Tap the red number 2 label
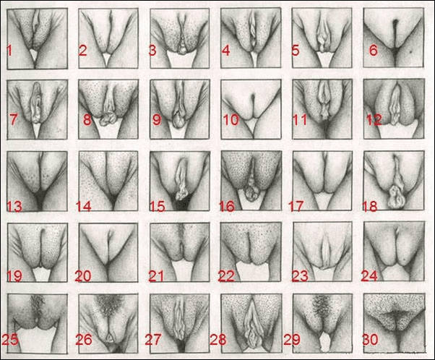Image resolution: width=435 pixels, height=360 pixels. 82,50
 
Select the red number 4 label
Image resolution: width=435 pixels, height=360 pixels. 225,50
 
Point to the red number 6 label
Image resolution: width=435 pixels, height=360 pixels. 373,50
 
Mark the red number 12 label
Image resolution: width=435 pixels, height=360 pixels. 373,120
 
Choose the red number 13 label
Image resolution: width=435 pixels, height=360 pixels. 14,207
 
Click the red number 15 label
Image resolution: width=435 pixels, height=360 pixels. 157,207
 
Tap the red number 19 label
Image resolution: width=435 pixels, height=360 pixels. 14,275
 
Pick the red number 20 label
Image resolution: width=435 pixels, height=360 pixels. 84,275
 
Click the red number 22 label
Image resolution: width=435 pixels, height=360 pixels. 227,275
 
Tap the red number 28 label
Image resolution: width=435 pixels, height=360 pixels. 217,339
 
